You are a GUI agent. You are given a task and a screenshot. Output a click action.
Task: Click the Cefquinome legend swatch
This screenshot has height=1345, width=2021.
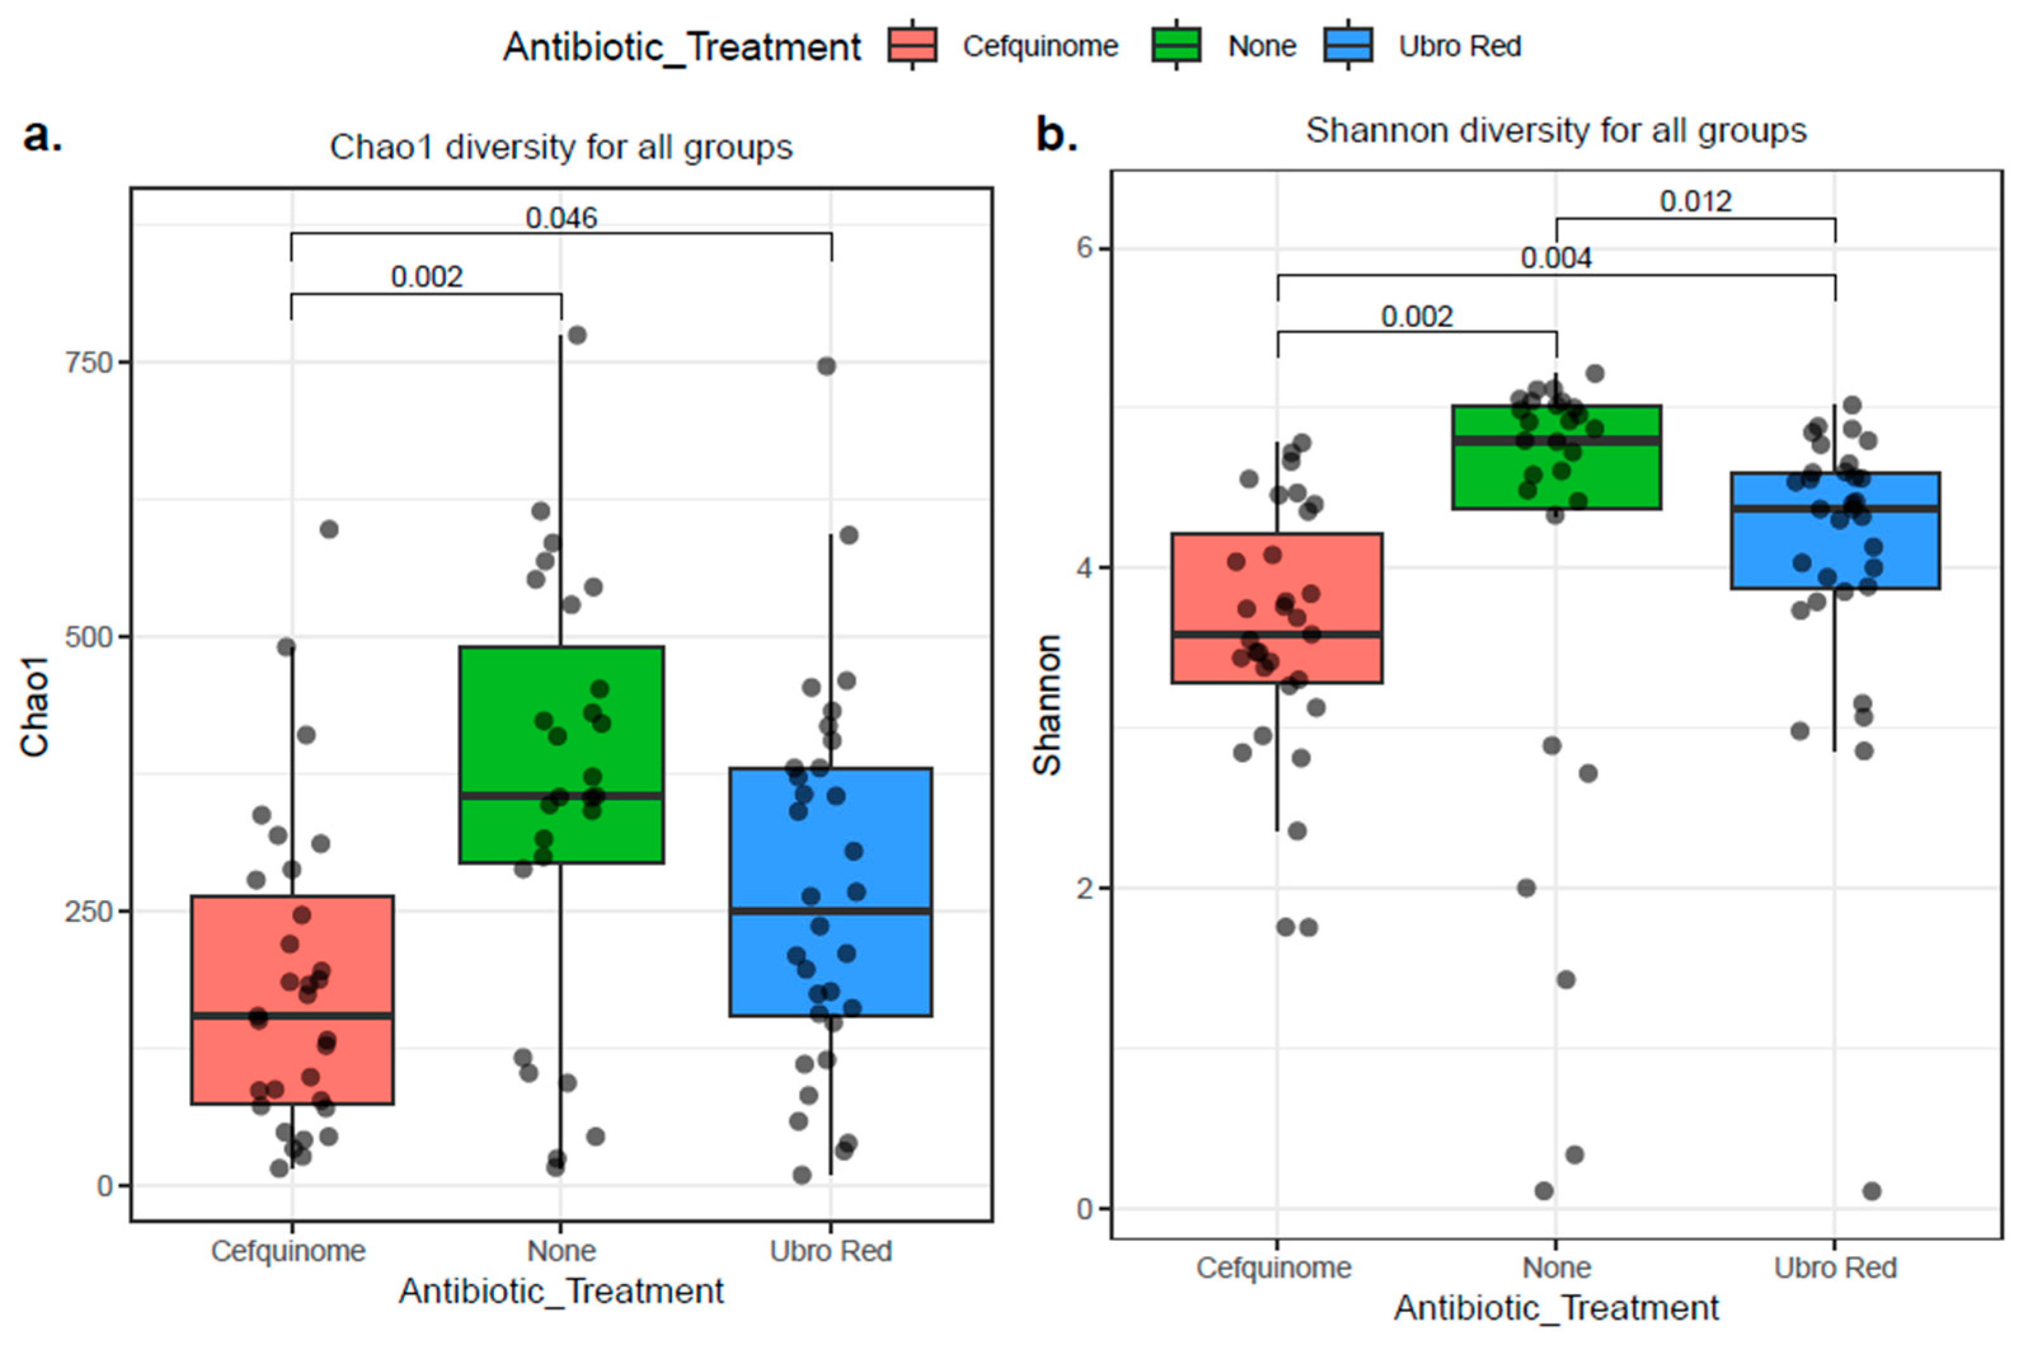pyautogui.click(x=911, y=44)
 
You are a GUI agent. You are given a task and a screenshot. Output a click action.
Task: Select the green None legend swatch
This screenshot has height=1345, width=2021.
pyautogui.click(x=1176, y=44)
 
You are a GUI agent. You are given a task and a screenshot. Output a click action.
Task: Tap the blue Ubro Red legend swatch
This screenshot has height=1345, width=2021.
pyautogui.click(x=1348, y=44)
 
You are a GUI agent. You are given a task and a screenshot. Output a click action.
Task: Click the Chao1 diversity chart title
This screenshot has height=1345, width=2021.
pyautogui.click(x=561, y=147)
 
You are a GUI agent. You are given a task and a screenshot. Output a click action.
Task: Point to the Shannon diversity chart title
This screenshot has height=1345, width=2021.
pyautogui.click(x=1555, y=130)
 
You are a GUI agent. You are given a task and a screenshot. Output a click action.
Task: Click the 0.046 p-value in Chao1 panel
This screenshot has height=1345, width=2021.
pyautogui.click(x=561, y=218)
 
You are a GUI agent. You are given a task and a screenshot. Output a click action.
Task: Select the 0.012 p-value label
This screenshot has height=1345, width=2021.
pyautogui.click(x=1695, y=201)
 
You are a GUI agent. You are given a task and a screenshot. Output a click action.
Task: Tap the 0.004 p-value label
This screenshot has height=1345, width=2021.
pyautogui.click(x=1555, y=257)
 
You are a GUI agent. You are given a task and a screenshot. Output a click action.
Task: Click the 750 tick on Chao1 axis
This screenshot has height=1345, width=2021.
pyautogui.click(x=89, y=362)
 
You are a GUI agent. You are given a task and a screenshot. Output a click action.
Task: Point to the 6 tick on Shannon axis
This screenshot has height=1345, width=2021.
pyautogui.click(x=1085, y=248)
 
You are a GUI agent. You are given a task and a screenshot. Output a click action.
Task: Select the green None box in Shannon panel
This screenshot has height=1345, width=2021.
pyautogui.click(x=1555, y=472)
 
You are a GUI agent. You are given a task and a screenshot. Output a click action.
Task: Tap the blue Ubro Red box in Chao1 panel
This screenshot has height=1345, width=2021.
pyautogui.click(x=830, y=858)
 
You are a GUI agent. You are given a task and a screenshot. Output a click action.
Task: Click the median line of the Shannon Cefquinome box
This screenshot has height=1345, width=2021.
pyautogui.click(x=1277, y=635)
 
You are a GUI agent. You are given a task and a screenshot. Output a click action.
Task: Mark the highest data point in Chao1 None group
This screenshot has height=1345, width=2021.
pyautogui.click(x=577, y=335)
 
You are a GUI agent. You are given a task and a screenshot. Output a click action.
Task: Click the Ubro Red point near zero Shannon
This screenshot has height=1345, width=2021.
pyautogui.click(x=1872, y=1191)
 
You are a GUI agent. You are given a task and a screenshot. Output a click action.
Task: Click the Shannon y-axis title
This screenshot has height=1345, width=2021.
pyautogui.click(x=1047, y=705)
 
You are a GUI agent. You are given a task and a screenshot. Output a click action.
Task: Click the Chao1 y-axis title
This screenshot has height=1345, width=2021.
pyautogui.click(x=34, y=707)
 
